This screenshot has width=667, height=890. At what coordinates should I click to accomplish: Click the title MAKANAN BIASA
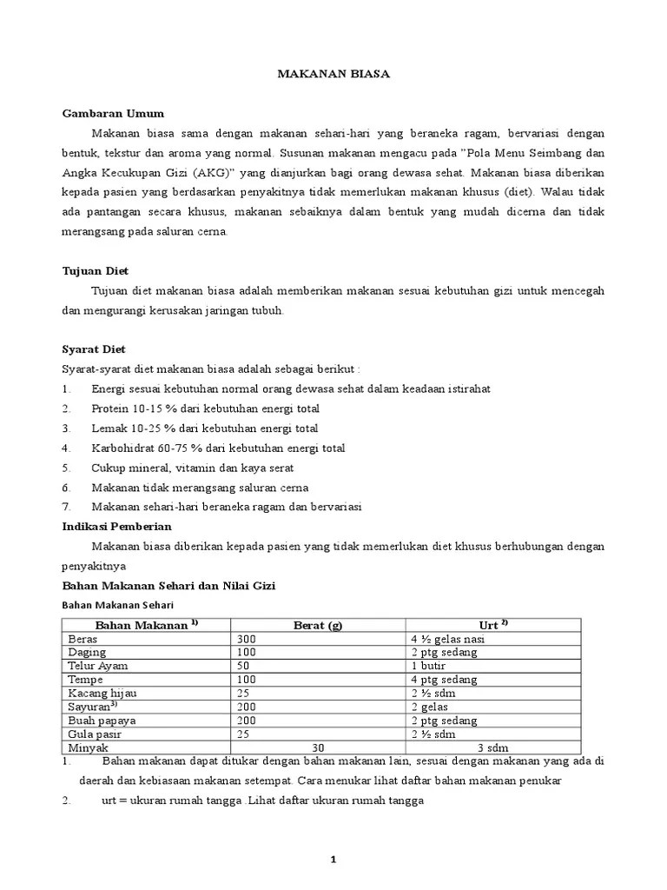pyautogui.click(x=333, y=74)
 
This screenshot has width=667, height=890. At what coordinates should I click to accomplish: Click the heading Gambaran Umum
pyautogui.click(x=113, y=114)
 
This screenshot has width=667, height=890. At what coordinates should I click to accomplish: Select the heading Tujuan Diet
pyautogui.click(x=96, y=270)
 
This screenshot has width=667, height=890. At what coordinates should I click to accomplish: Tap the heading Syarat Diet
pyautogui.click(x=94, y=349)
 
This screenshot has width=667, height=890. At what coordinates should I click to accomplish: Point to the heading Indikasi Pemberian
pyautogui.click(x=117, y=526)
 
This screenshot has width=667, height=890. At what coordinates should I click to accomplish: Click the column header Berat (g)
pyautogui.click(x=318, y=625)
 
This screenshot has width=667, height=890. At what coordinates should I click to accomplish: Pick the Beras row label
pyautogui.click(x=83, y=638)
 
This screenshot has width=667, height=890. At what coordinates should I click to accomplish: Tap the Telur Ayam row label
pyautogui.click(x=97, y=666)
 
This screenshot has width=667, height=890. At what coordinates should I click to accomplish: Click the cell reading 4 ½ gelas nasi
pyautogui.click(x=447, y=638)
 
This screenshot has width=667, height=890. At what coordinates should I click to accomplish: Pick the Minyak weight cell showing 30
pyautogui.click(x=318, y=747)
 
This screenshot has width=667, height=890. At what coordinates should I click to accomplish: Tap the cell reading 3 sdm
pyautogui.click(x=492, y=747)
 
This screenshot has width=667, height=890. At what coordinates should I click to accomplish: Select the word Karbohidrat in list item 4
pyautogui.click(x=123, y=448)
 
